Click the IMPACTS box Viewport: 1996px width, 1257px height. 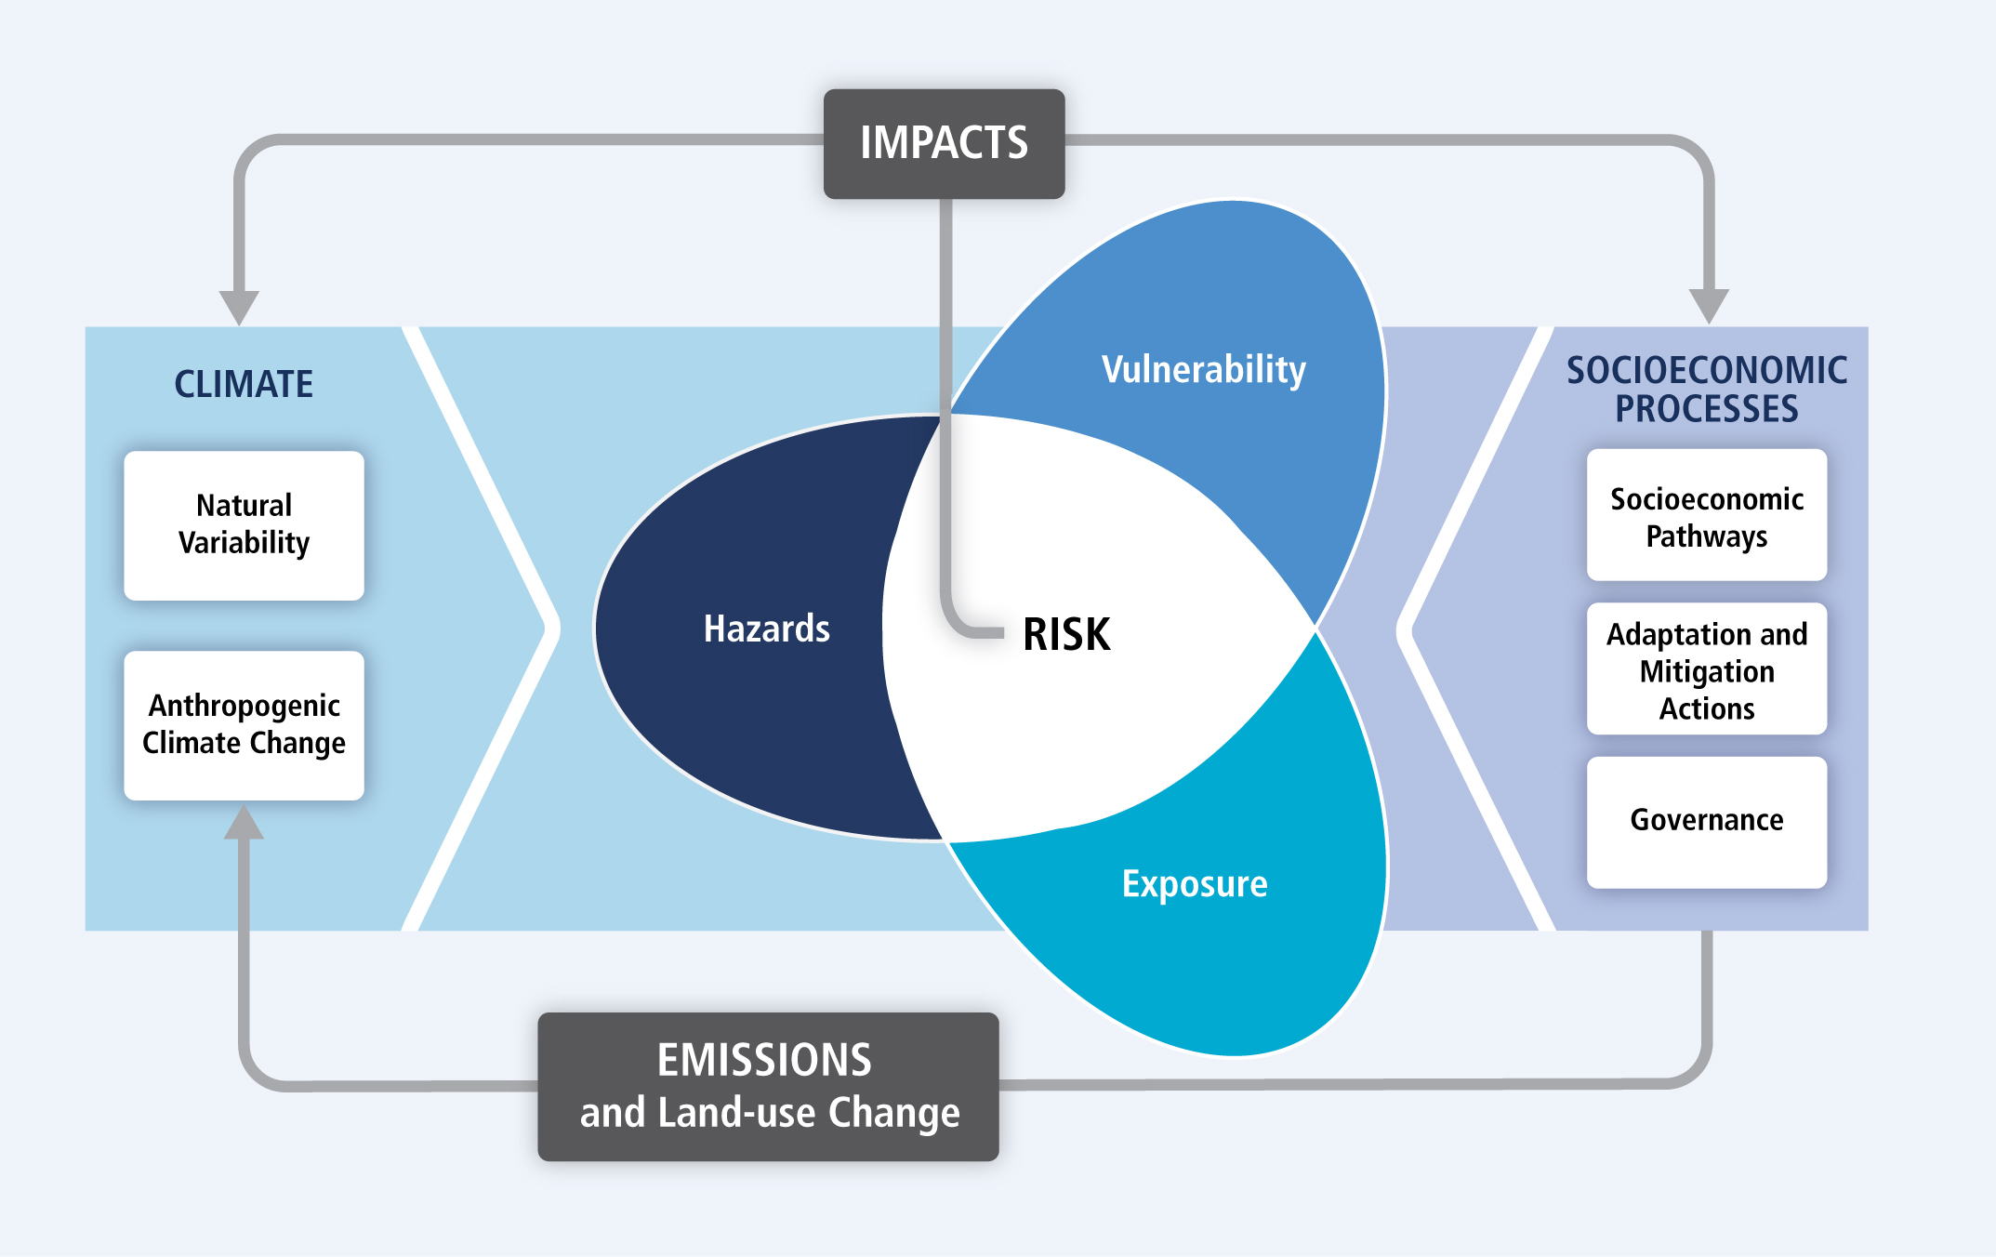[x=944, y=144]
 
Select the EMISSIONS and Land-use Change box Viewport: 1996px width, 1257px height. [x=768, y=1086]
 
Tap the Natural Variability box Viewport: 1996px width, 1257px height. [x=244, y=525]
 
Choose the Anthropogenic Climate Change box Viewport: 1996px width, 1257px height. [x=244, y=725]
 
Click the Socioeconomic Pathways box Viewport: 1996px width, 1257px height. [x=1706, y=516]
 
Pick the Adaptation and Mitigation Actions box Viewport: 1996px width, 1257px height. [x=1706, y=669]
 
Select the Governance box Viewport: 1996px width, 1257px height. [x=1706, y=821]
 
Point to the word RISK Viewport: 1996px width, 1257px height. [x=1066, y=635]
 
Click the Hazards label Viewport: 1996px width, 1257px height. [x=766, y=629]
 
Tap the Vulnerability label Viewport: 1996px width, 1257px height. [x=1203, y=370]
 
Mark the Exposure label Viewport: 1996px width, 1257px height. [x=1195, y=884]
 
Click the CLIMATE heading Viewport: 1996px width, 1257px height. [x=244, y=384]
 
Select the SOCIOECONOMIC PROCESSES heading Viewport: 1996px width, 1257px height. [x=1706, y=390]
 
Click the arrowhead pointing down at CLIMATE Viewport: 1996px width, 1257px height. [x=239, y=307]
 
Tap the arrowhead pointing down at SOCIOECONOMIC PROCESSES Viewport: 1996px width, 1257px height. [x=1708, y=305]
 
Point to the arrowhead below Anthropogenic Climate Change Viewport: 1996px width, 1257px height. [x=244, y=822]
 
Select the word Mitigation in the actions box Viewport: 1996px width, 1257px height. [x=1706, y=671]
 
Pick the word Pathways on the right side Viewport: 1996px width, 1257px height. [x=1706, y=537]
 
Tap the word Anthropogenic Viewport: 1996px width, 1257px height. [x=244, y=706]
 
